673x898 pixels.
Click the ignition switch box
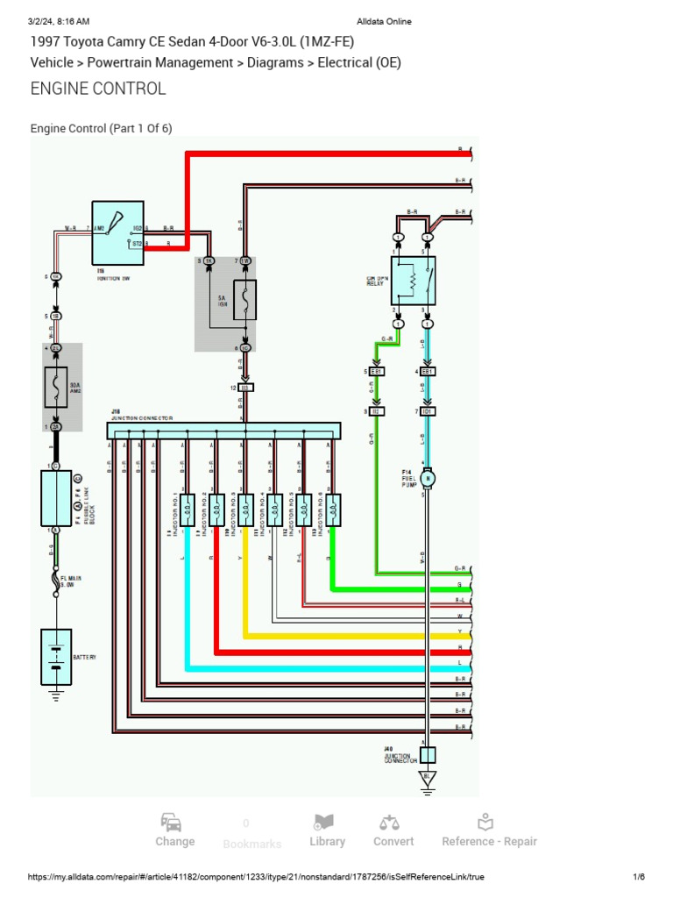tap(118, 232)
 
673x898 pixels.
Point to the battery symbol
tap(56, 657)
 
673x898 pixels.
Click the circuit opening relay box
tap(413, 281)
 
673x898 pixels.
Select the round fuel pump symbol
tap(428, 479)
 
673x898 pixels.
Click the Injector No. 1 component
tap(188, 508)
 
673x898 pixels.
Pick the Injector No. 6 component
tap(332, 508)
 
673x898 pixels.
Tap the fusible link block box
tap(56, 497)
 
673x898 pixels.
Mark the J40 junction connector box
tap(428, 755)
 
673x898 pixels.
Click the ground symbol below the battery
tap(56, 695)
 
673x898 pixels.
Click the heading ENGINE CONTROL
tap(98, 89)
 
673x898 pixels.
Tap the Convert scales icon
tap(389, 823)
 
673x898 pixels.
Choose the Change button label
tap(175, 842)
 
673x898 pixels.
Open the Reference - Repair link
tap(489, 842)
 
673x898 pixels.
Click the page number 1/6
tap(639, 877)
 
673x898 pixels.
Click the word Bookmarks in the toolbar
tap(252, 844)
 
